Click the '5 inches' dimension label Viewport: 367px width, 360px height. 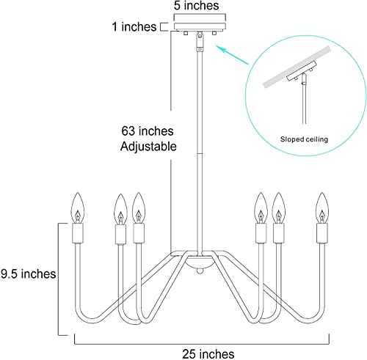(196, 6)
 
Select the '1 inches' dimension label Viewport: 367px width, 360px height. (134, 26)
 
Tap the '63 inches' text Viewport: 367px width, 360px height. (148, 131)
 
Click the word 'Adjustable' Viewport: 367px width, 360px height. (148, 147)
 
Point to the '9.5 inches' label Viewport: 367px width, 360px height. (29, 273)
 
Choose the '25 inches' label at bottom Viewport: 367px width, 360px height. (208, 353)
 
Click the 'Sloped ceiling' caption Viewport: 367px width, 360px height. (304, 139)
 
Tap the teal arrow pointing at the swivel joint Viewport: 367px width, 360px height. (231, 55)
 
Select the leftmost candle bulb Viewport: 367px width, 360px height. (78, 207)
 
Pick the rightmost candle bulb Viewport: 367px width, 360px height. (322, 207)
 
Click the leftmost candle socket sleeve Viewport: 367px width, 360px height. (78, 233)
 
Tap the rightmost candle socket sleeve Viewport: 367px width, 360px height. (322, 233)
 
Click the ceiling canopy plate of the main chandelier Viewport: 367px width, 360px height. (200, 26)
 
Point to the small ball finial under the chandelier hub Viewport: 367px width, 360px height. (200, 271)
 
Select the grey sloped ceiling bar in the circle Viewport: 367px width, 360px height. (297, 67)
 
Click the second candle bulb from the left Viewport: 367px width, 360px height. (120, 209)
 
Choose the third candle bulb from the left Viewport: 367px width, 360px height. (139, 207)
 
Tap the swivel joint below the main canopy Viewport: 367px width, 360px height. (200, 42)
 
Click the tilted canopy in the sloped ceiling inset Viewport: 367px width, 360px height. (302, 70)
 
